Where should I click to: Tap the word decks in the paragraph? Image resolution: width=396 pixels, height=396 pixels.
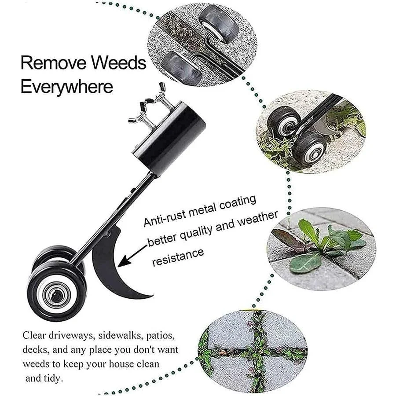pyautogui.click(x=34, y=350)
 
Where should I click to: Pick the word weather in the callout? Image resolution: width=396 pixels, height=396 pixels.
pyautogui.click(x=257, y=220)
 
